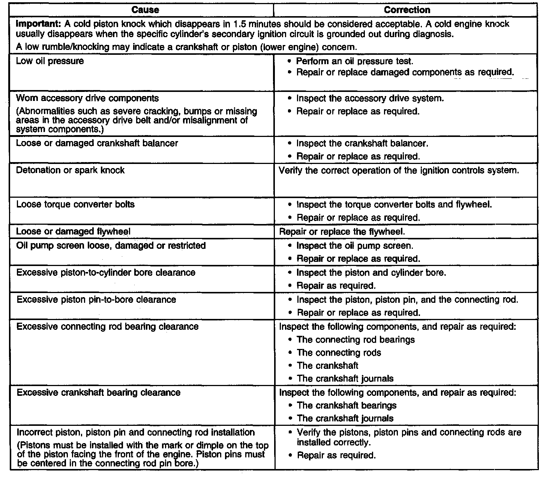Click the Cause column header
(x=145, y=10)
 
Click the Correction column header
(x=407, y=10)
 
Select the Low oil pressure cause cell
(x=50, y=61)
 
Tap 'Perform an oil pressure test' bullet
(x=354, y=61)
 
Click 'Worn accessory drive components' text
(x=87, y=98)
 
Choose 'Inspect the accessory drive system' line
(x=370, y=98)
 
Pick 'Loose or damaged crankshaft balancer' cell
(x=97, y=143)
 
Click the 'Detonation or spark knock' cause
(x=70, y=170)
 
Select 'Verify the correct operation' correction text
(x=399, y=170)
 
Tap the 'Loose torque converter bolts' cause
(x=75, y=204)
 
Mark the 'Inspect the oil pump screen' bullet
(x=354, y=246)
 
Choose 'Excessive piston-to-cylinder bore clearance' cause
(x=106, y=272)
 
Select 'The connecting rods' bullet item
(x=339, y=353)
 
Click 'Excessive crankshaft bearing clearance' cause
(x=99, y=392)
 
